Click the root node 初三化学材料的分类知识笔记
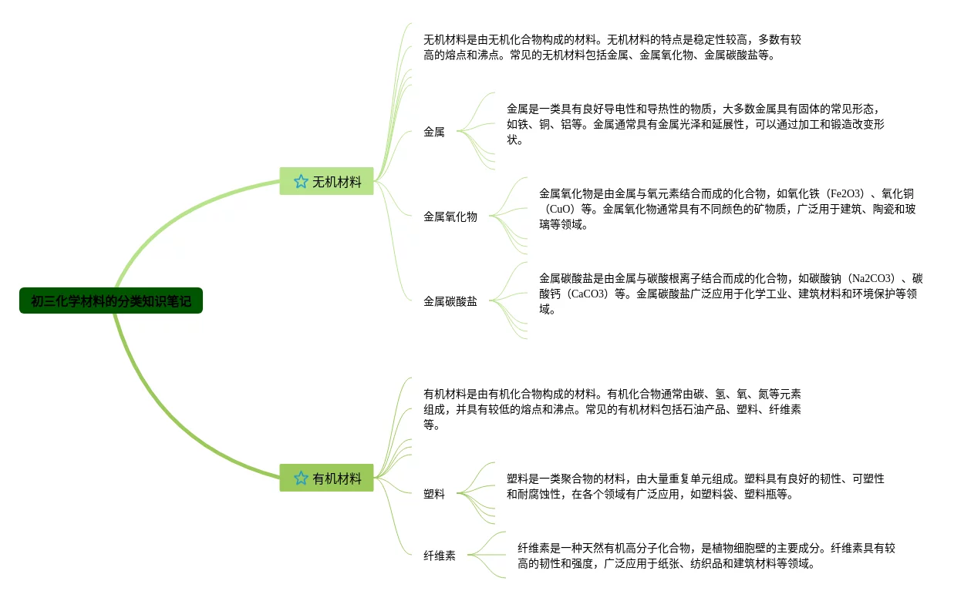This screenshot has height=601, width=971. coord(111,300)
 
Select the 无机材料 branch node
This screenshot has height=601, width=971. coord(336,182)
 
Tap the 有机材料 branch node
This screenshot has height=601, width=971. coord(336,478)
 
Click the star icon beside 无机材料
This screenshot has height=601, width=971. coord(301,182)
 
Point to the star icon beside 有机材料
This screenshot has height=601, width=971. coord(301,478)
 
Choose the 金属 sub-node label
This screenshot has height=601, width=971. coord(434,132)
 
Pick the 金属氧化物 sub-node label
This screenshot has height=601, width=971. coord(450,217)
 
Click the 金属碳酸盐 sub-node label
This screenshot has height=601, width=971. coord(450,301)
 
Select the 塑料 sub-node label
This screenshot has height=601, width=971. coord(434,494)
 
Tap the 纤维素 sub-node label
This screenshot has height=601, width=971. coord(440,556)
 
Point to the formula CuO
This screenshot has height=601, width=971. coord(560,209)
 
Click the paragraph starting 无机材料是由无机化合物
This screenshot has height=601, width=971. coord(612,47)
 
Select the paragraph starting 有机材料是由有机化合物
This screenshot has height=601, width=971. coord(612,409)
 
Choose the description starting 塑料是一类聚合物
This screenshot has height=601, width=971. coord(694,486)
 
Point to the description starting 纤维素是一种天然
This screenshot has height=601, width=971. coord(706,556)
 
